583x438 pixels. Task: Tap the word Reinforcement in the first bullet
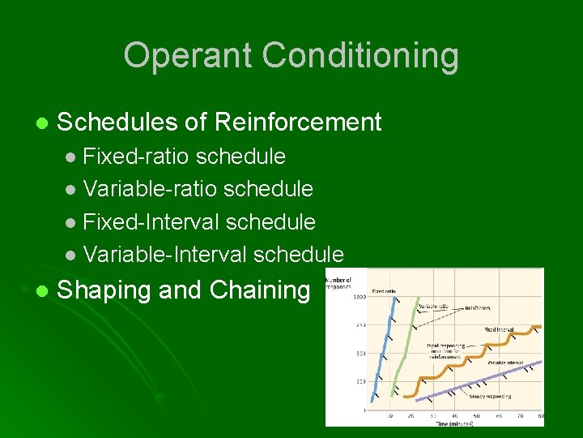(x=297, y=122)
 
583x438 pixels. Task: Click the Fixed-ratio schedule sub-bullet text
(x=184, y=156)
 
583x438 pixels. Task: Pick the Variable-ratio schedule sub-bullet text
(x=198, y=189)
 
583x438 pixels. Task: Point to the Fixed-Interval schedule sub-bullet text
(x=199, y=221)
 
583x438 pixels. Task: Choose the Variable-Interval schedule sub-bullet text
(x=213, y=255)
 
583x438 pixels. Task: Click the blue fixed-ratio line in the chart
(x=383, y=349)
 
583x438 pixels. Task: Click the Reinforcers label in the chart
(x=478, y=309)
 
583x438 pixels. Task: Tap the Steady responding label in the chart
(x=491, y=397)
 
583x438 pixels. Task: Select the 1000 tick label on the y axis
(x=357, y=297)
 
